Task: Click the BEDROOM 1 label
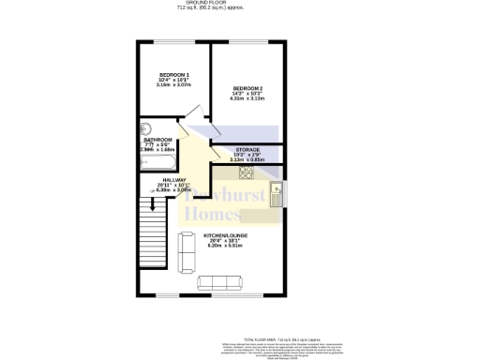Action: click(174, 75)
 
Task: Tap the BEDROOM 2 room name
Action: click(247, 88)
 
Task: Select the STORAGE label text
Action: click(247, 149)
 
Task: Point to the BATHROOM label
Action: click(157, 139)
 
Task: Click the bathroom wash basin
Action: click(144, 130)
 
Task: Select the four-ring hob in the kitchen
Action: click(247, 172)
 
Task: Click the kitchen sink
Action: click(276, 194)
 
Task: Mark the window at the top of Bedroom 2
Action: click(247, 40)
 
